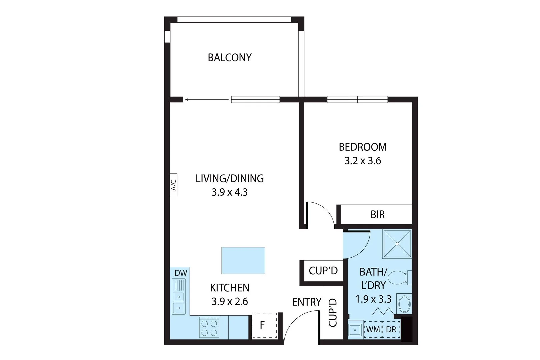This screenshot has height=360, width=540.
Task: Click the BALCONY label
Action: [230, 58]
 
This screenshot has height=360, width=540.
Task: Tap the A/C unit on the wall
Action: [173, 185]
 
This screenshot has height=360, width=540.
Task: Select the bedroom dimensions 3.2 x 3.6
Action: [363, 161]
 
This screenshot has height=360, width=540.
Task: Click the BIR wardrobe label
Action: [377, 214]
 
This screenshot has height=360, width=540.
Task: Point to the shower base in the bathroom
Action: [397, 244]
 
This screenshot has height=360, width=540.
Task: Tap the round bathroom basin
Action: [405, 304]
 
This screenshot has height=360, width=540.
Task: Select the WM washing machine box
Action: [373, 330]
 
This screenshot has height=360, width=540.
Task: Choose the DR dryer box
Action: [391, 330]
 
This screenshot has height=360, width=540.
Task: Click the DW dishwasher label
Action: [181, 273]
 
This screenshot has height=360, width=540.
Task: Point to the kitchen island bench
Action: [243, 260]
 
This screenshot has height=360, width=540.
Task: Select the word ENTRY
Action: [307, 302]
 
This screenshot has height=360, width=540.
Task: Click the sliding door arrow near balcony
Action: [207, 99]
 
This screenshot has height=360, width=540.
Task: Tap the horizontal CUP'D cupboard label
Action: [323, 271]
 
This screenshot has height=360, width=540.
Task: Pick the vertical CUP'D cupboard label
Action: [333, 313]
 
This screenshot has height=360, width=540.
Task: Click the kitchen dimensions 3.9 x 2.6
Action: [230, 302]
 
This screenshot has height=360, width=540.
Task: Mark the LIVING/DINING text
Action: [230, 179]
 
